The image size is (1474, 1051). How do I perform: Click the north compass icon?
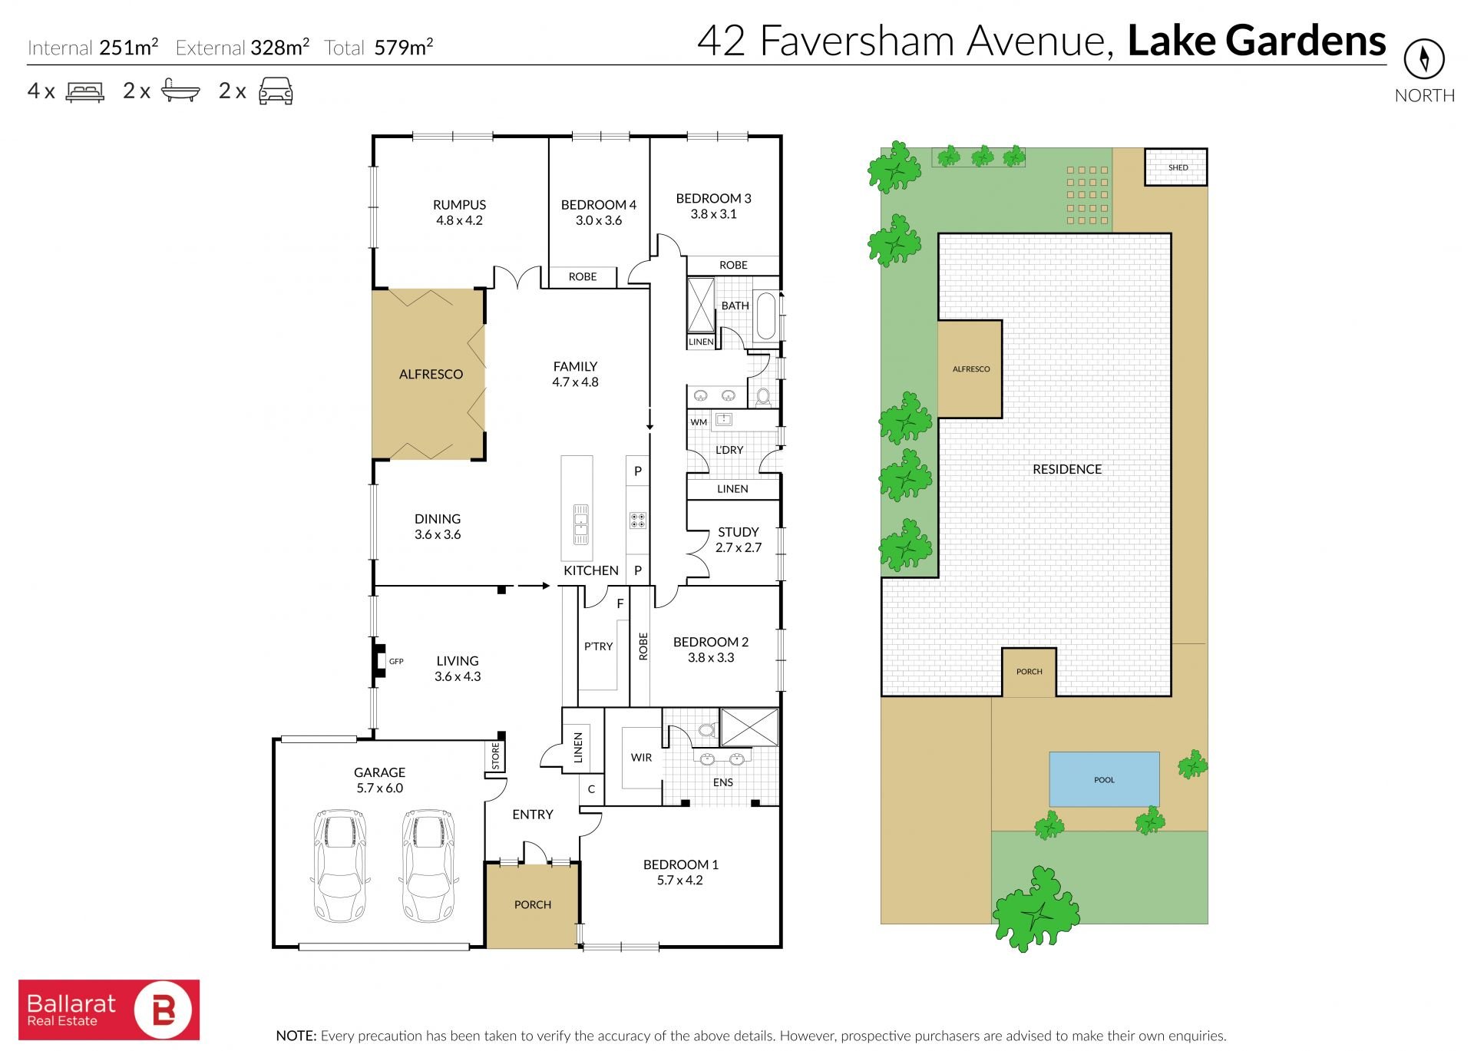1424,58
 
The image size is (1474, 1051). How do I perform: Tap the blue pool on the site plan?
1104,779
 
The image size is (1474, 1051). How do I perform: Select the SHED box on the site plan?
1176,167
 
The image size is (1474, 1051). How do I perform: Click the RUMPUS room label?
459,205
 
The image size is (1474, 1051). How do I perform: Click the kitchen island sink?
580,524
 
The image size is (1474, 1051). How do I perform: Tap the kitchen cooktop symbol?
637,521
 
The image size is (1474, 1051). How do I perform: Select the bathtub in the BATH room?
766,316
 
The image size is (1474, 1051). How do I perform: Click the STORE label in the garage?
495,756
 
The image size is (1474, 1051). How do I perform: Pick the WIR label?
641,758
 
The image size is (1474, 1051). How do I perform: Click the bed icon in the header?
85,91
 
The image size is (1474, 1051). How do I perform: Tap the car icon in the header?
276,91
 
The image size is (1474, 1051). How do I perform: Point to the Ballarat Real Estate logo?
109,1010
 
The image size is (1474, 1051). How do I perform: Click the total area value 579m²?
404,48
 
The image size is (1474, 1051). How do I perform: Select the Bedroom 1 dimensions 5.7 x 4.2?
679,881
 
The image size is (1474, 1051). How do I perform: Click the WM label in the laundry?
699,422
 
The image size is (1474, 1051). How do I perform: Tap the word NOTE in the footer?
296,1036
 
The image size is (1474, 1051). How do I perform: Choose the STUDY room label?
739,532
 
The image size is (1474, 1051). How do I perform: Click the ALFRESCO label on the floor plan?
431,375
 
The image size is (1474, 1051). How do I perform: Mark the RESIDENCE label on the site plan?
1067,469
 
